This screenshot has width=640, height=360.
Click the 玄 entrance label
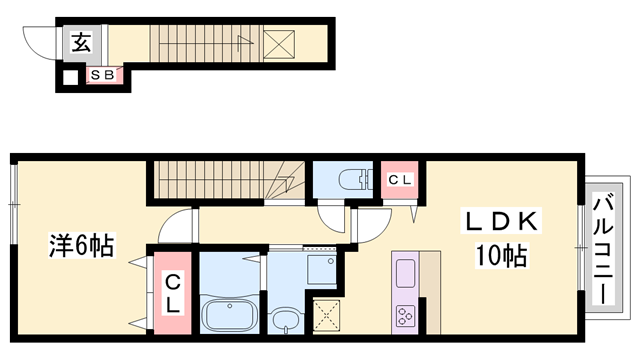(x=81, y=42)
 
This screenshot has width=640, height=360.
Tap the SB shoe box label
(x=102, y=75)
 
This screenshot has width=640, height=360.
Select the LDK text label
(x=501, y=222)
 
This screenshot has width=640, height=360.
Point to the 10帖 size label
(x=501, y=256)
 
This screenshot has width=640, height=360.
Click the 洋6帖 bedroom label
(x=81, y=245)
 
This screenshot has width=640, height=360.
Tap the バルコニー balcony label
(x=603, y=251)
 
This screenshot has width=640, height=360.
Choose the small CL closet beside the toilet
(x=400, y=180)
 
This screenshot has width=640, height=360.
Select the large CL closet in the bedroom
(x=172, y=293)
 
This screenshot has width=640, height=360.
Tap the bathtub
(x=229, y=315)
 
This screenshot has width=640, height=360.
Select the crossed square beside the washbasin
(x=327, y=316)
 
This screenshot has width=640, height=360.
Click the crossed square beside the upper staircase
(x=279, y=44)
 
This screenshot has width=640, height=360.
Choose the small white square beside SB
(x=70, y=78)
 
